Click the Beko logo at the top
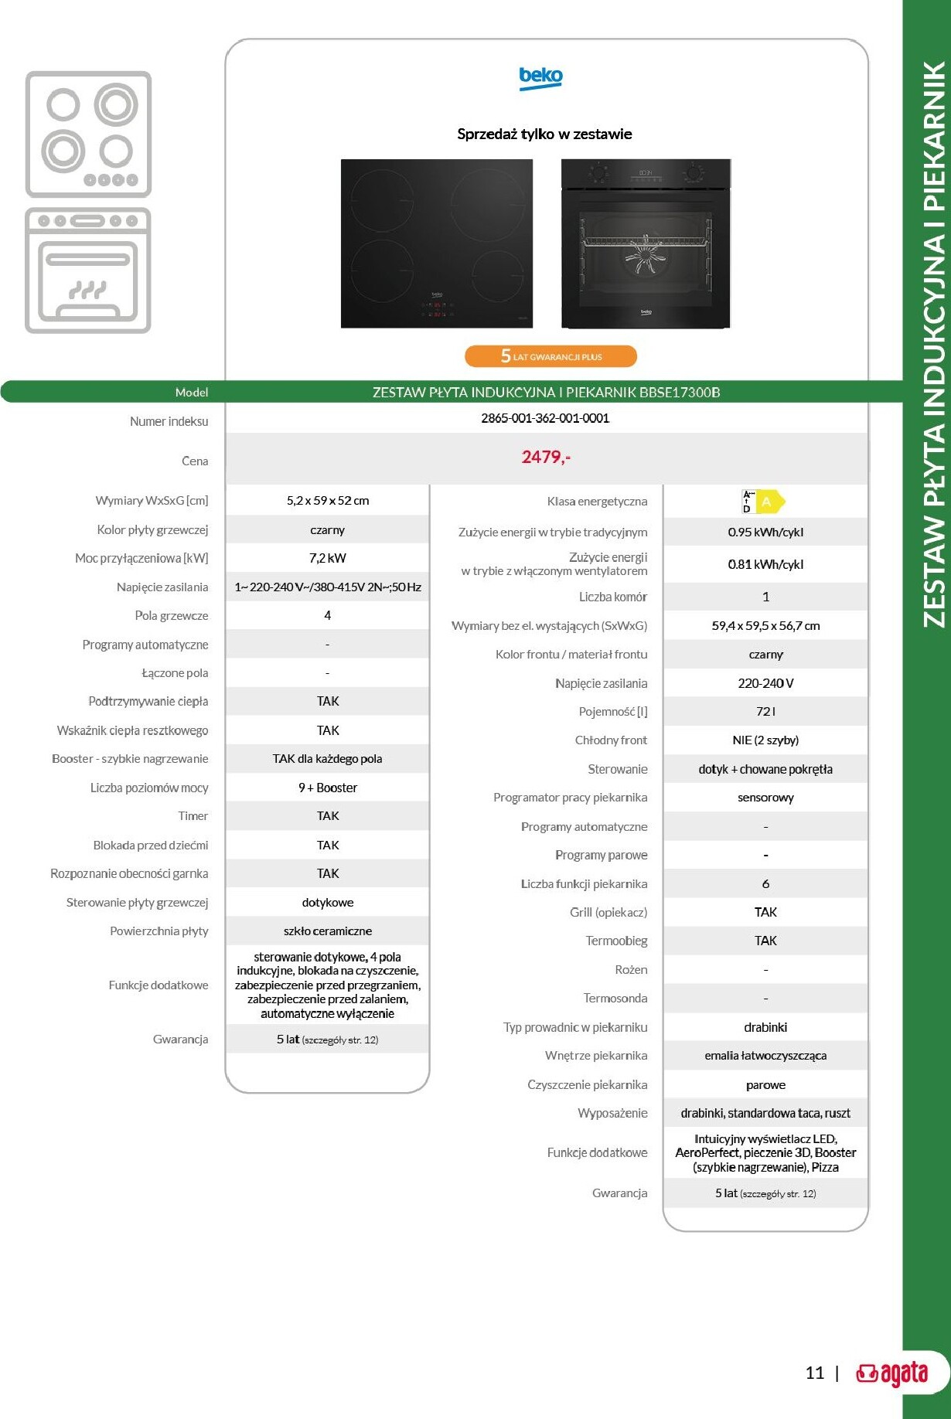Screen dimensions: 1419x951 point(540,77)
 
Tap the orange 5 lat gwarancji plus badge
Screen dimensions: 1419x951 point(550,356)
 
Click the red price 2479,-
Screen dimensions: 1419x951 point(546,457)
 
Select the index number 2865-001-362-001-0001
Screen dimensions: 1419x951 point(545,418)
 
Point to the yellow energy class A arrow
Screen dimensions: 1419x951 point(769,502)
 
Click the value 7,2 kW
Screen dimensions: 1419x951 point(327,558)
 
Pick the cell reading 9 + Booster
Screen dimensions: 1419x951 point(327,788)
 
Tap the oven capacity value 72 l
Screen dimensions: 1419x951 point(765,711)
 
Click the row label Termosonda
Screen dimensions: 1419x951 point(615,998)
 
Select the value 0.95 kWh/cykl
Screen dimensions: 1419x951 point(765,532)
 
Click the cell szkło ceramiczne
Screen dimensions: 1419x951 point(327,931)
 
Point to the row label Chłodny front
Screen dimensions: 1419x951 point(611,740)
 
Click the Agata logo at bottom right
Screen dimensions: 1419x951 point(891,1373)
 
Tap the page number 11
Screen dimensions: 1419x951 point(815,1373)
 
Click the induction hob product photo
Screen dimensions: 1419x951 point(437,243)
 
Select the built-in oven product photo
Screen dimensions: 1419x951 point(646,243)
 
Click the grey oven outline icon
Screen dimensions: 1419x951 point(88,271)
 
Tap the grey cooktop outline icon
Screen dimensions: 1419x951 point(88,134)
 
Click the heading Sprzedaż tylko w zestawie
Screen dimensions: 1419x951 point(544,134)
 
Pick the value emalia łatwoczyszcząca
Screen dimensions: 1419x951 point(765,1055)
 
